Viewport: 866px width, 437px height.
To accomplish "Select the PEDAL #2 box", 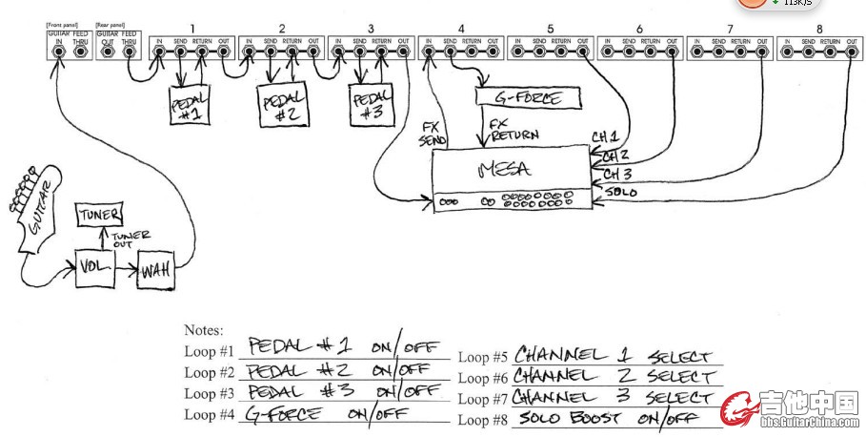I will (283, 104).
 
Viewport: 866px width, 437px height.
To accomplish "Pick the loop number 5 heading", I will (551, 28).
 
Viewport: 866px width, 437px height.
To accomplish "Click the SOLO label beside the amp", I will (621, 193).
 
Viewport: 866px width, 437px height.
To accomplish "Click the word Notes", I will (203, 330).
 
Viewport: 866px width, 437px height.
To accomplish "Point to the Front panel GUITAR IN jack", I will (59, 51).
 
